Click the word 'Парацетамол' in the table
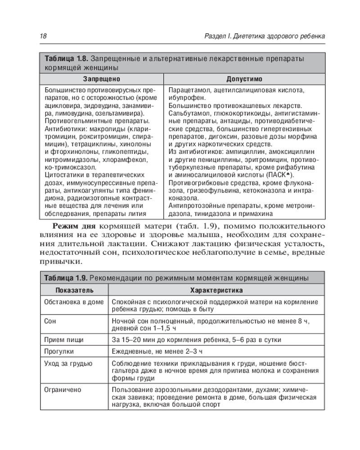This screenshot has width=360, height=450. (188, 90)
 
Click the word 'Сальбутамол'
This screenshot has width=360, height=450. (188, 113)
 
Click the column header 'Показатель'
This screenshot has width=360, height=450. (75, 290)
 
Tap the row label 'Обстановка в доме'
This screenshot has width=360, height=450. (74, 302)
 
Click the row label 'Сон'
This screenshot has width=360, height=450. (50, 322)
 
